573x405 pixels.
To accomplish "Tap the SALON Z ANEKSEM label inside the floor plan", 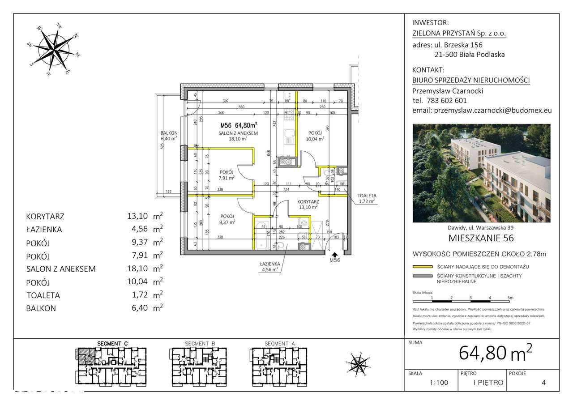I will click(238, 133).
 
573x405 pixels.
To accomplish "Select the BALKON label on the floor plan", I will click(169, 133).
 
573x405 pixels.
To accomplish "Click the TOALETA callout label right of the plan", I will click(367, 196).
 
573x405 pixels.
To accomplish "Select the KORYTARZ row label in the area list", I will click(45, 217).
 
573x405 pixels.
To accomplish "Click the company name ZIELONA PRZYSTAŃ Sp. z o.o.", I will click(459, 33).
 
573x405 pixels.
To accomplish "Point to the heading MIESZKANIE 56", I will click(481, 238).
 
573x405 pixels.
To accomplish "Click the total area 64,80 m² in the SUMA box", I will click(496, 353).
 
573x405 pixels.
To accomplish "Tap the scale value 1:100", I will click(438, 383).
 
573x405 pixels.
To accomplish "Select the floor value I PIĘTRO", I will click(488, 383).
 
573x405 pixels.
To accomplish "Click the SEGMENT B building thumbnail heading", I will click(200, 343).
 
